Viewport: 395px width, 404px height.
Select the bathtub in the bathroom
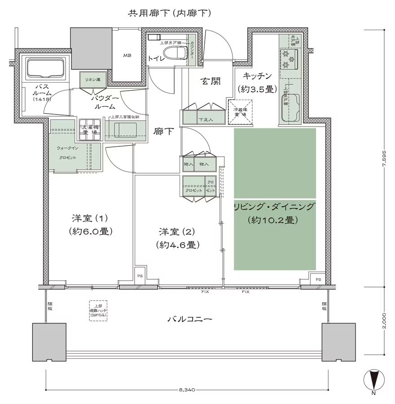point(46,69)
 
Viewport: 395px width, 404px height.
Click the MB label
point(127,56)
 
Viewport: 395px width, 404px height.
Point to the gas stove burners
point(287,58)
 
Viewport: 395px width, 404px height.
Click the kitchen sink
point(287,108)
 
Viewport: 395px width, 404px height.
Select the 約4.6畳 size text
point(178,245)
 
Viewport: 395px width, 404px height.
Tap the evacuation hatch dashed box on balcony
point(98,310)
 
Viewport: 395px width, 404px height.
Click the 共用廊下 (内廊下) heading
point(169,13)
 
